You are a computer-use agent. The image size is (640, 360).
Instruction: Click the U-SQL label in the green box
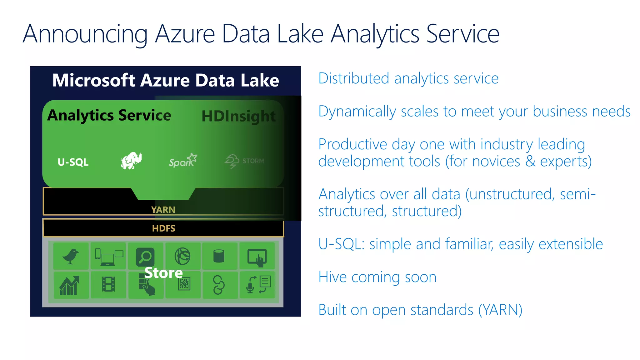(73, 162)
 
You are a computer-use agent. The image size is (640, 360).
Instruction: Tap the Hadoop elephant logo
(131, 161)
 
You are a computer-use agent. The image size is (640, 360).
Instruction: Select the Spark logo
(183, 160)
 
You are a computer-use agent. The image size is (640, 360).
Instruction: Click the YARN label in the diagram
(163, 210)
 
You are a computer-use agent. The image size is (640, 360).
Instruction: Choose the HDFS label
(163, 228)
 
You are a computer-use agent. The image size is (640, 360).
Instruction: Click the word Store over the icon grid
(163, 273)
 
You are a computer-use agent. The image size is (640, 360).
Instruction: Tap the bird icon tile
(71, 256)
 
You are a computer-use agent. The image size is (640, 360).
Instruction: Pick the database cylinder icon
(219, 256)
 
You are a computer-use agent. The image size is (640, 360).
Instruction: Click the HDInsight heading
(238, 116)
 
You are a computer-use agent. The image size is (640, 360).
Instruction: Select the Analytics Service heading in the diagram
(109, 115)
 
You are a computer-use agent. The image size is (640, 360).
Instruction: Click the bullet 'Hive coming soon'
(377, 277)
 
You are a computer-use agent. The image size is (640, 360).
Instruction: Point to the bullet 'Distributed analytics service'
(408, 78)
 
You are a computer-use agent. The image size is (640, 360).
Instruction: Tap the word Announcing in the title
(85, 34)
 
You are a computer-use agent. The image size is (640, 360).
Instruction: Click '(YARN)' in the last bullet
(500, 310)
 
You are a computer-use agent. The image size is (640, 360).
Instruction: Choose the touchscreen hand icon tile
(257, 257)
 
